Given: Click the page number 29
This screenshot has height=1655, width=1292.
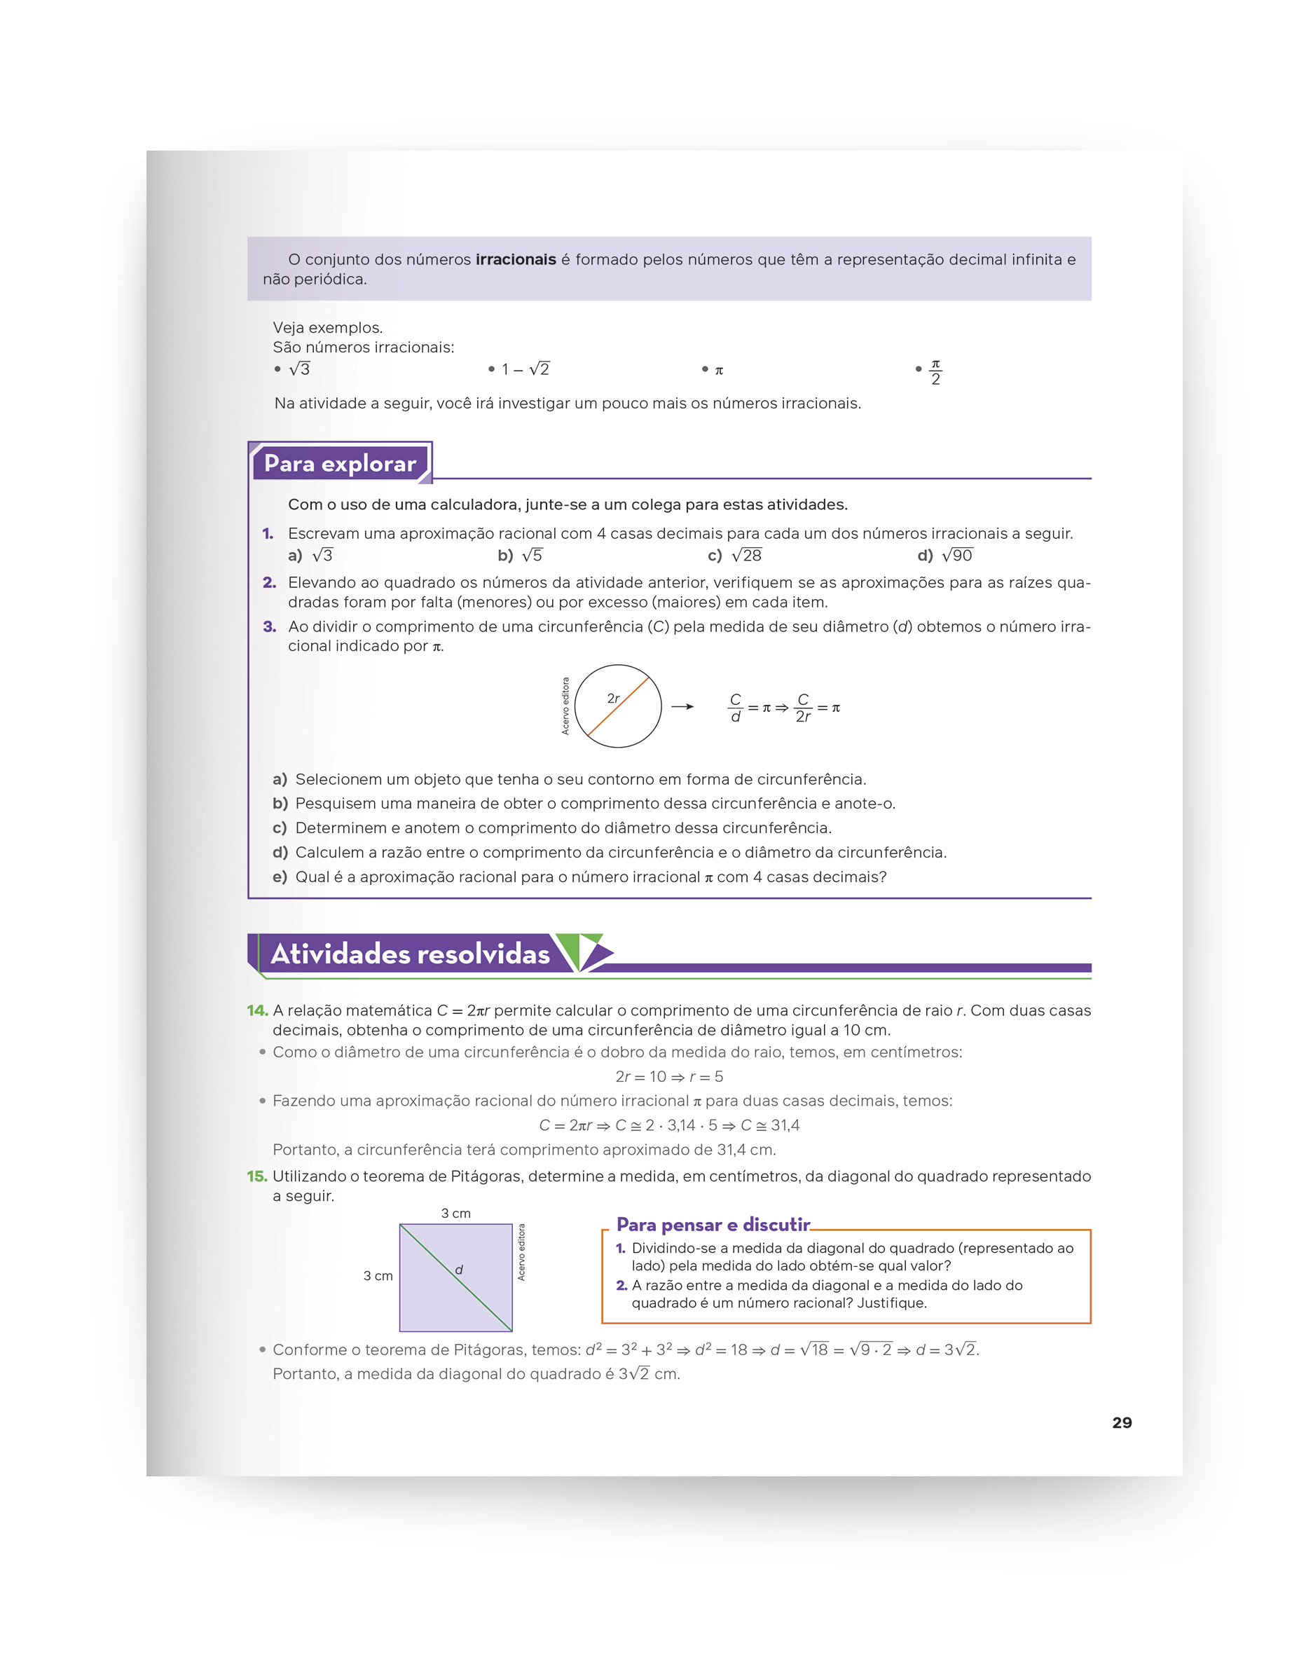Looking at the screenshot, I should click(1122, 1422).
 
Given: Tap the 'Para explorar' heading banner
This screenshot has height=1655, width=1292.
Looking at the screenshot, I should click(341, 463).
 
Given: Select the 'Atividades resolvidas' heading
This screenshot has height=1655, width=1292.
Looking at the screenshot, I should click(410, 954).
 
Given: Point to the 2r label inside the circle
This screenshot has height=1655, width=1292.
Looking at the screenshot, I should click(613, 698).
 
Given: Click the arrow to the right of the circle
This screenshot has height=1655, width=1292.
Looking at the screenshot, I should click(682, 707).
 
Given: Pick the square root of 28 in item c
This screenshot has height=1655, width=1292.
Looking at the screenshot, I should click(746, 556).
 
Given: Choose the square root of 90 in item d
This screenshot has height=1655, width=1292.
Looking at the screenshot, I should click(957, 556).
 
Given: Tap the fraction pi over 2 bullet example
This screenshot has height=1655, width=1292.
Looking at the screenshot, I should click(935, 372).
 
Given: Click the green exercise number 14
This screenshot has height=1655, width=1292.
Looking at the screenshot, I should click(257, 1010).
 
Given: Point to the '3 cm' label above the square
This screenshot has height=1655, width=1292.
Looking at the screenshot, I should click(455, 1213).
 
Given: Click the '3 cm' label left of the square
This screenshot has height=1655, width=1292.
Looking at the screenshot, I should click(378, 1276).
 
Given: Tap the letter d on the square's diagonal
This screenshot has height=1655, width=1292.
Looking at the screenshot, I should click(458, 1270).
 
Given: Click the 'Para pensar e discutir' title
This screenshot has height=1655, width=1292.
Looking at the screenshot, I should click(713, 1225).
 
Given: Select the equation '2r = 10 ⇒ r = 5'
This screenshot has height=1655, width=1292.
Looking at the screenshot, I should click(669, 1077).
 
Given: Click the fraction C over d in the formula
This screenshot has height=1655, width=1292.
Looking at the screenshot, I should click(735, 708).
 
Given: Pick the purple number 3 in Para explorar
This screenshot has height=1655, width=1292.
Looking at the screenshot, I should click(269, 626).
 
